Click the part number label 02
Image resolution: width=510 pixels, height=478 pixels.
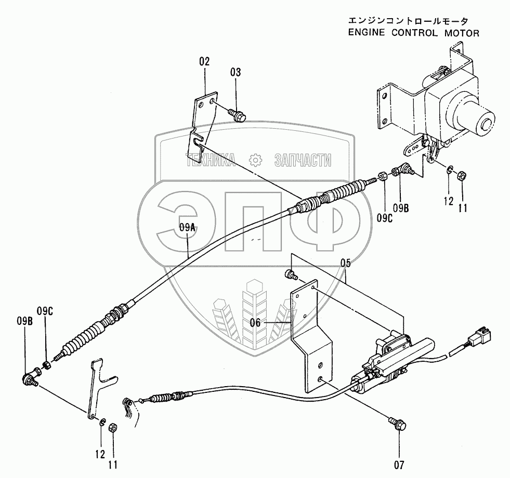point(204,61)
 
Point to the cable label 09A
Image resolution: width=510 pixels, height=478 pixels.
point(188,226)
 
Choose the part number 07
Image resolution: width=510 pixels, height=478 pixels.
point(400,463)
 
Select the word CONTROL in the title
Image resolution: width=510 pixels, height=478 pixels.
point(409,33)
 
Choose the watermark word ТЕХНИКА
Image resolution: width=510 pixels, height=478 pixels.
point(209,160)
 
